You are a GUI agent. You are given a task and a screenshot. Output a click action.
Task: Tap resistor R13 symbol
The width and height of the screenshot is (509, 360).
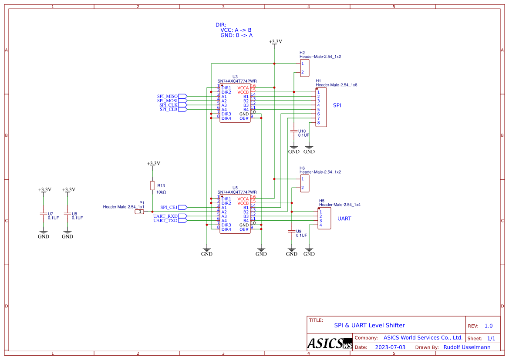click(x=152, y=185)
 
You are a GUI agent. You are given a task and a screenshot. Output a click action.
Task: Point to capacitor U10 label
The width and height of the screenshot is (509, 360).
click(x=302, y=131)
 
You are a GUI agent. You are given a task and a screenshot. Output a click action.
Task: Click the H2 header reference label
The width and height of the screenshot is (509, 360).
click(x=302, y=53)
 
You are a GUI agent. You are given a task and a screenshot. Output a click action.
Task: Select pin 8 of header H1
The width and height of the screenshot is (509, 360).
click(x=319, y=123)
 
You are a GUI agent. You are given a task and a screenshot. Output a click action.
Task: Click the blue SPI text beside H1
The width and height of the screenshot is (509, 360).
click(x=337, y=105)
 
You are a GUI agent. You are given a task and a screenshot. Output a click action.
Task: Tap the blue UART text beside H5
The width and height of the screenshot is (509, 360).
click(x=344, y=219)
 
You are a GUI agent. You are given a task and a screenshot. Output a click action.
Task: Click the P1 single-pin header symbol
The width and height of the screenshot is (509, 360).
click(x=140, y=212)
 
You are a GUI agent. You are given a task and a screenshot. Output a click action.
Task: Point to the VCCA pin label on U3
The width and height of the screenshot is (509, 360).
click(x=243, y=88)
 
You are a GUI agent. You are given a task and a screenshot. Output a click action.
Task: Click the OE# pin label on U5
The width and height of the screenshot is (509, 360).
click(x=244, y=229)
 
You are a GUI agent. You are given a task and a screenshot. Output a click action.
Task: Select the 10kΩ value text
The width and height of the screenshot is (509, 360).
click(x=161, y=192)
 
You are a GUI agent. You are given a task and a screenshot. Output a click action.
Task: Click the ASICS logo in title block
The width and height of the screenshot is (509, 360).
click(x=330, y=343)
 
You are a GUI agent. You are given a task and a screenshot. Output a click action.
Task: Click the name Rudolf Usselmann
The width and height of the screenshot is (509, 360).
click(x=467, y=347)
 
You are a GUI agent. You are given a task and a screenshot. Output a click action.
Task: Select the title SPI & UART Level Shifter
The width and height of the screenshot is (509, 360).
click(x=369, y=325)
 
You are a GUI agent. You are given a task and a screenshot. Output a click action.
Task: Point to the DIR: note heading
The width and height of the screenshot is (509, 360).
click(x=221, y=25)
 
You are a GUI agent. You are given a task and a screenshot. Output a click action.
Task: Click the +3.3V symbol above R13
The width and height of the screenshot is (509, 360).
click(x=153, y=163)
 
